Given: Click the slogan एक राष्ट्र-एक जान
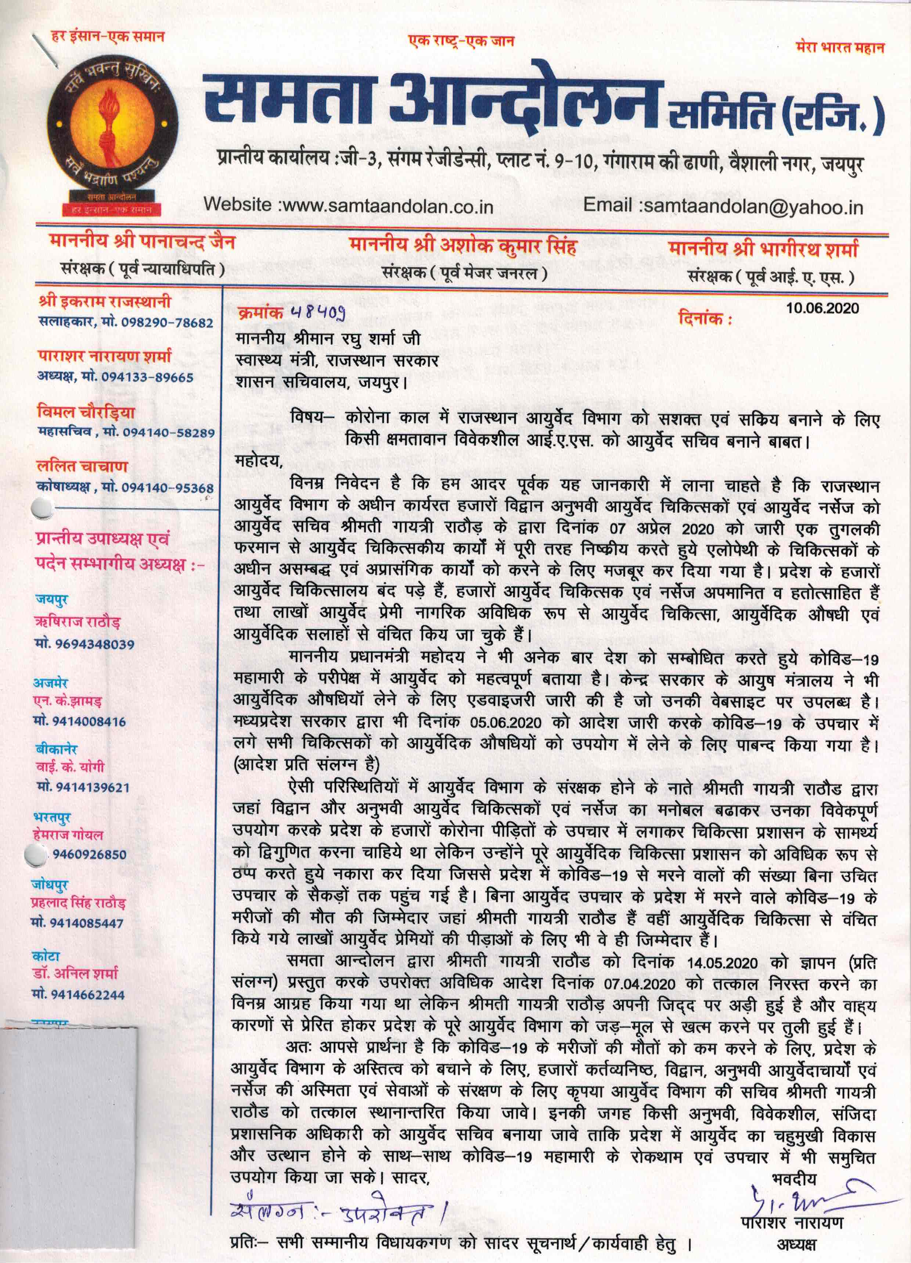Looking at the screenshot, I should (461, 41).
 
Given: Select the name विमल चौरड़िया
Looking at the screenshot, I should (86, 412).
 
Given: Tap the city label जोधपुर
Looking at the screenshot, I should (50, 884).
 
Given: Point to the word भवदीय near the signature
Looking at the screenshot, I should (794, 1178).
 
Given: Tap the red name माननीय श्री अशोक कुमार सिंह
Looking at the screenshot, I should (462, 246).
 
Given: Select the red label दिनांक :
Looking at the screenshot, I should (705, 319).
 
